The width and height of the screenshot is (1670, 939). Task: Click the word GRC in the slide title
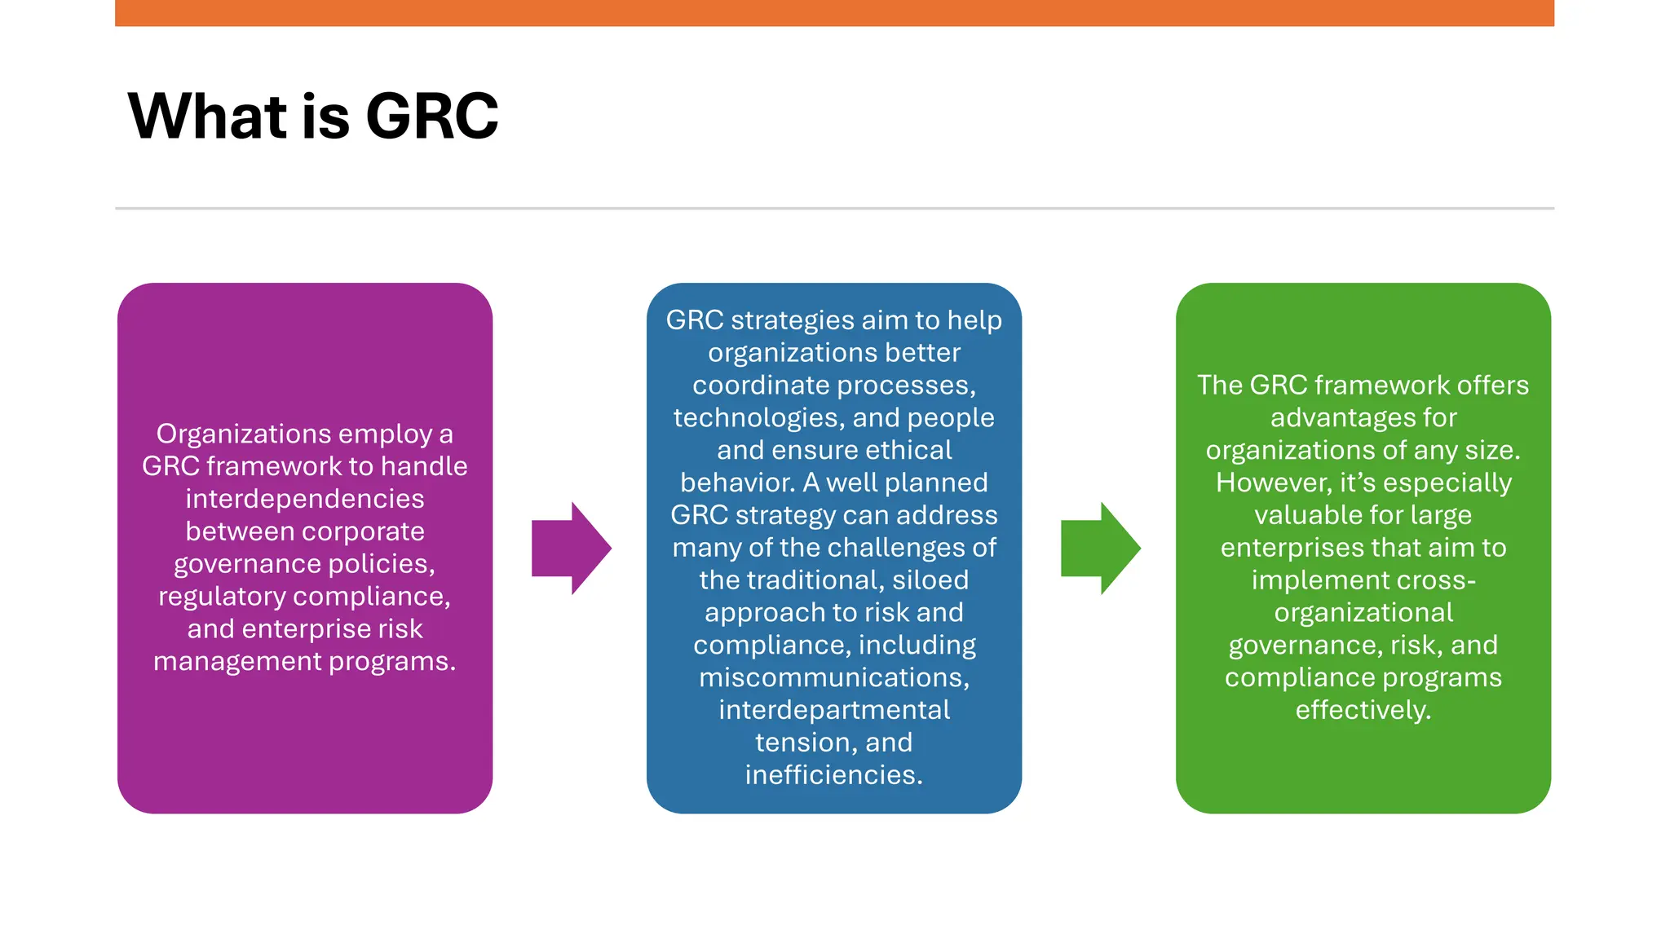point(431,117)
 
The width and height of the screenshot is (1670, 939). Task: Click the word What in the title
point(208,117)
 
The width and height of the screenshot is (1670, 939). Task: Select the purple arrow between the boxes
point(571,548)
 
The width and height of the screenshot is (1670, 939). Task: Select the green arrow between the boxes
point(1100,548)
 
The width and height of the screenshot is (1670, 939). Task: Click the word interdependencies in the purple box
point(304,499)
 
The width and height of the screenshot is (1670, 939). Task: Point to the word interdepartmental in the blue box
point(833,710)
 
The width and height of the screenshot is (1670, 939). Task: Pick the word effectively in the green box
point(1362,710)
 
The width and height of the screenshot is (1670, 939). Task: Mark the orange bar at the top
point(834,13)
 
